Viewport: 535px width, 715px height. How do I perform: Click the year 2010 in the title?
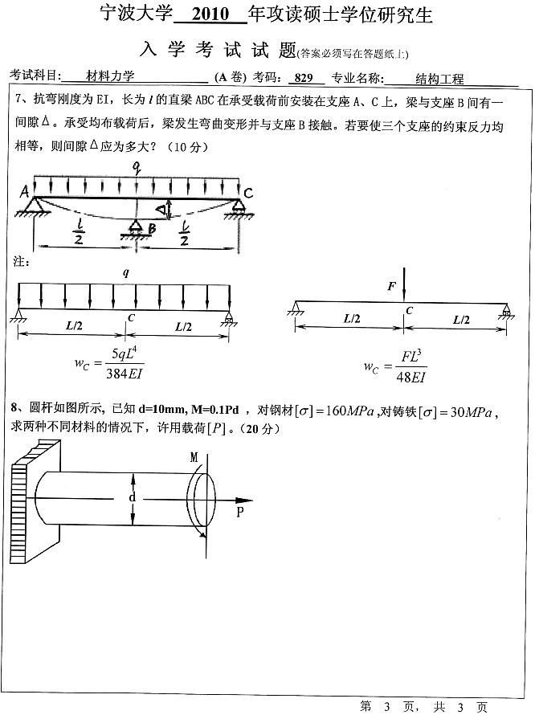pyautogui.click(x=210, y=15)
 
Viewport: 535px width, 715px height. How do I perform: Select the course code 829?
pyautogui.click(x=303, y=78)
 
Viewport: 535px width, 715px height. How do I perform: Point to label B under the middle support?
pyautogui.click(x=150, y=229)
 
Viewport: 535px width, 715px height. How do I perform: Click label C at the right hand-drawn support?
pyautogui.click(x=248, y=193)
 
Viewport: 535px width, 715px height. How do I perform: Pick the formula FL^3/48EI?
pyautogui.click(x=404, y=366)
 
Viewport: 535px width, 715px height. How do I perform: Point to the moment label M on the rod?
pyautogui.click(x=194, y=457)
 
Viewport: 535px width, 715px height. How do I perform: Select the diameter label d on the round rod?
pyautogui.click(x=132, y=498)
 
